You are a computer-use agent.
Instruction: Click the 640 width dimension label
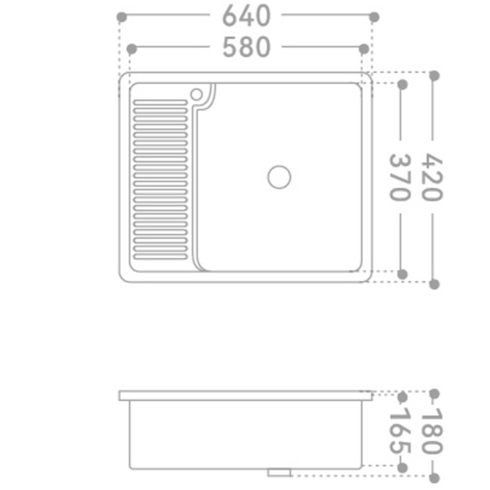click(246, 16)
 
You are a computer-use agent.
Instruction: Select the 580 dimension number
click(246, 48)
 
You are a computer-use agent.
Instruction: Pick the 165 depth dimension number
click(401, 431)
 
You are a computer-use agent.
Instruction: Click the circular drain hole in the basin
click(279, 176)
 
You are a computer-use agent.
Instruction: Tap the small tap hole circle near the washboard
click(196, 94)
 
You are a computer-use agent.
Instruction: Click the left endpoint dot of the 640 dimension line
click(122, 16)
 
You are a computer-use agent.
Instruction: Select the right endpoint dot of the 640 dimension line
click(373, 16)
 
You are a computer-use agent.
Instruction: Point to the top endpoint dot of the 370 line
click(403, 84)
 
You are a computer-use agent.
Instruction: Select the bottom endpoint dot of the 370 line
click(403, 274)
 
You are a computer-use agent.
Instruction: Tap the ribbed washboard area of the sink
click(160, 179)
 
